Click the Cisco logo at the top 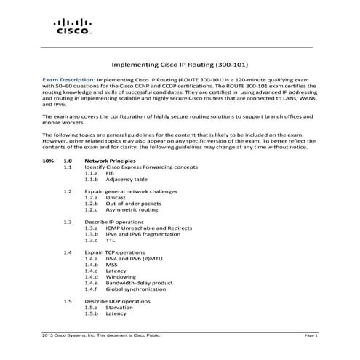tap(73, 28)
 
